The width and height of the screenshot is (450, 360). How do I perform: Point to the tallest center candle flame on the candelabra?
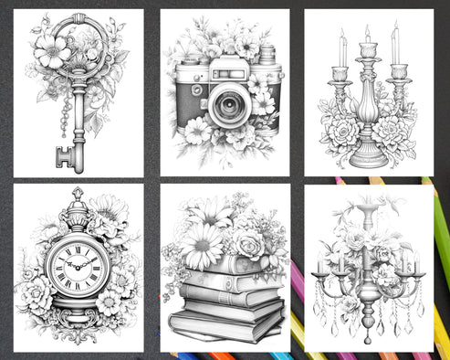click(367, 31)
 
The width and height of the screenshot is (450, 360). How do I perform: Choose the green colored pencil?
click(440, 238)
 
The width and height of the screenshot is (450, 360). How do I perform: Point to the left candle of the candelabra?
click(340, 51)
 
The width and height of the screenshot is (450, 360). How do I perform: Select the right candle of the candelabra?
click(395, 48)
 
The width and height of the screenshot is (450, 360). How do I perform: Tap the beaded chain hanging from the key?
click(65, 114)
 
